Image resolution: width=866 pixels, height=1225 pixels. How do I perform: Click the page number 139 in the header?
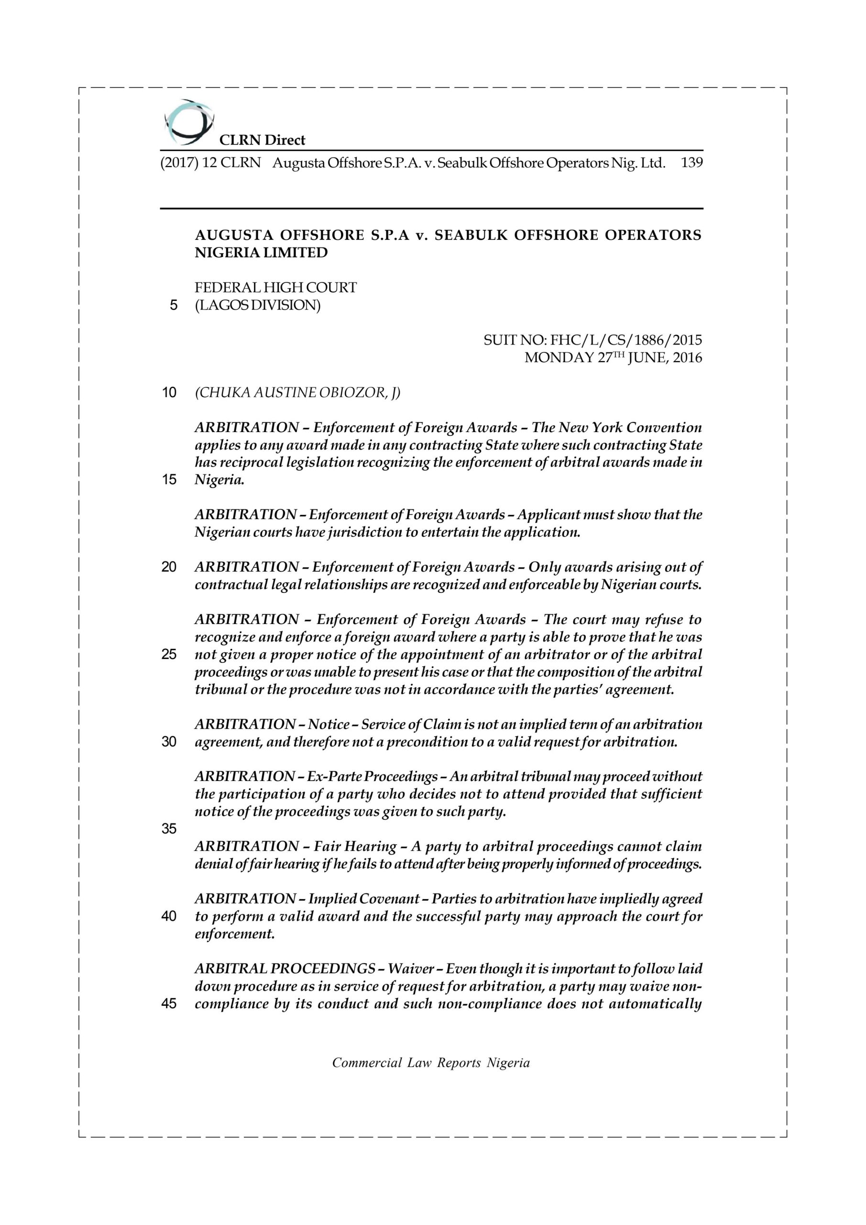[691, 163]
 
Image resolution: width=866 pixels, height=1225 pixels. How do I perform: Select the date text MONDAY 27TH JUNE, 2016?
[613, 357]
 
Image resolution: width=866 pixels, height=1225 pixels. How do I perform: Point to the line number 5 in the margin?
[173, 306]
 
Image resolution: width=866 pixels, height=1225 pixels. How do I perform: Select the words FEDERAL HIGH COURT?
[275, 288]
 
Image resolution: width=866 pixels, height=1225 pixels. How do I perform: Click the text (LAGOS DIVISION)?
[258, 306]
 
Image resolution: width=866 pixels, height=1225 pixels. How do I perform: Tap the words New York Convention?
[630, 427]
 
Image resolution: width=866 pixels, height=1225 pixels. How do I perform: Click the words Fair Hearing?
[355, 846]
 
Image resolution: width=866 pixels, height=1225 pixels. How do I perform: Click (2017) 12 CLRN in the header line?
[210, 163]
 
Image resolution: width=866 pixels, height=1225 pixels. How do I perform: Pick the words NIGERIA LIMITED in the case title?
[261, 253]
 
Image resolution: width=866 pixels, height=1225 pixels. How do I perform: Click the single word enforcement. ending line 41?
[235, 934]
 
